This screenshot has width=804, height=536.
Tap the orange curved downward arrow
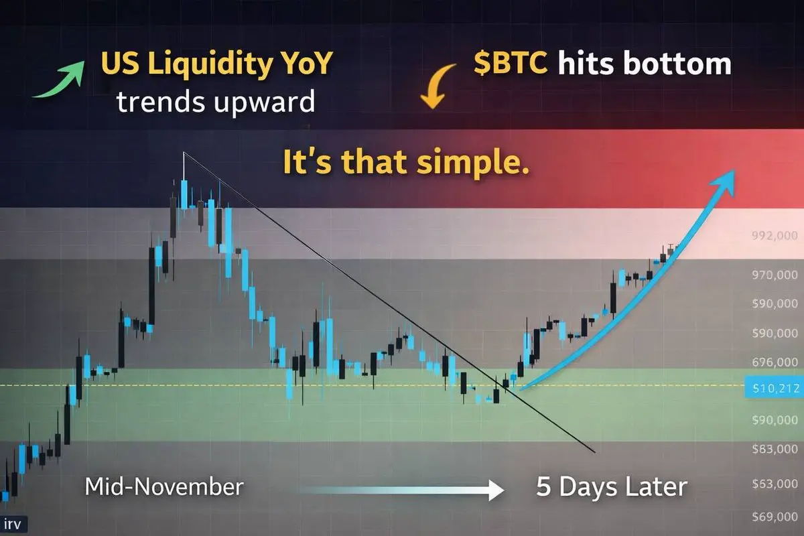pos(435,86)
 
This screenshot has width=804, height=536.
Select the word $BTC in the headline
pos(511,63)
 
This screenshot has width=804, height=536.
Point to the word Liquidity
pos(209,64)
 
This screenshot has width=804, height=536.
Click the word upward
pos(264,103)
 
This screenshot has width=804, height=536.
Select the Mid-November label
pos(164,486)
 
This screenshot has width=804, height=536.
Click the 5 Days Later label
pos(612,486)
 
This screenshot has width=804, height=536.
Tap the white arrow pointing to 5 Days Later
pos(400,490)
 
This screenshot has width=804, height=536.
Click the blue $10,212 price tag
pos(775,388)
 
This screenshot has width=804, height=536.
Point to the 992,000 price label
pos(775,236)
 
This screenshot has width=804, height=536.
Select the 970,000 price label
pos(775,275)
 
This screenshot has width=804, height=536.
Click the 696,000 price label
pos(775,362)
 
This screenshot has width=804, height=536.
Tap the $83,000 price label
pos(775,449)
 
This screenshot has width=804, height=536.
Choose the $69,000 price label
pos(775,517)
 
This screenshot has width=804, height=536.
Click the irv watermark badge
pos(13,525)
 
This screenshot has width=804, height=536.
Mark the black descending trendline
pos(389,302)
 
